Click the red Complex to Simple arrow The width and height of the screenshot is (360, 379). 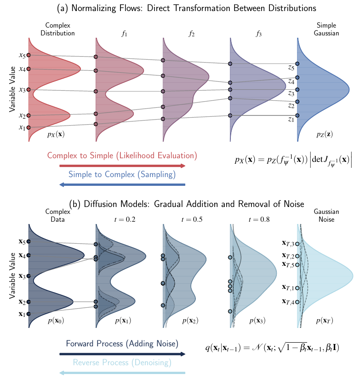pos(122,166)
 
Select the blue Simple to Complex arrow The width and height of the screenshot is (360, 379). pos(122,185)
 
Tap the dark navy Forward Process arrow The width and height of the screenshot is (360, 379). pos(122,354)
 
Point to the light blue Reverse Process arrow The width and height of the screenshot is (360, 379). pos(122,373)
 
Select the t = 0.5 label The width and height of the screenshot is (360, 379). pos(190,219)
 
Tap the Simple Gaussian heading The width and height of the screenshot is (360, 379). pos(326,29)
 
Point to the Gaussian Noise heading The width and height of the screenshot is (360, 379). pos(326,216)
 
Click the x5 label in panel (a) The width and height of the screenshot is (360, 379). pos(22,55)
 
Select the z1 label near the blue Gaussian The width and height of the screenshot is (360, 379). pos(290,120)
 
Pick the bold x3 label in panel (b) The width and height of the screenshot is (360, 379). pos(22,276)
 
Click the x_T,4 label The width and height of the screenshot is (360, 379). pos(289,302)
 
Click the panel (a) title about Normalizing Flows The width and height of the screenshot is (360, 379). pos(180,8)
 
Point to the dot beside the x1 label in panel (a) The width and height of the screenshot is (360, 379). pos(29,127)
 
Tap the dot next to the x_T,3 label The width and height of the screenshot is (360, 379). pos(297,244)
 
